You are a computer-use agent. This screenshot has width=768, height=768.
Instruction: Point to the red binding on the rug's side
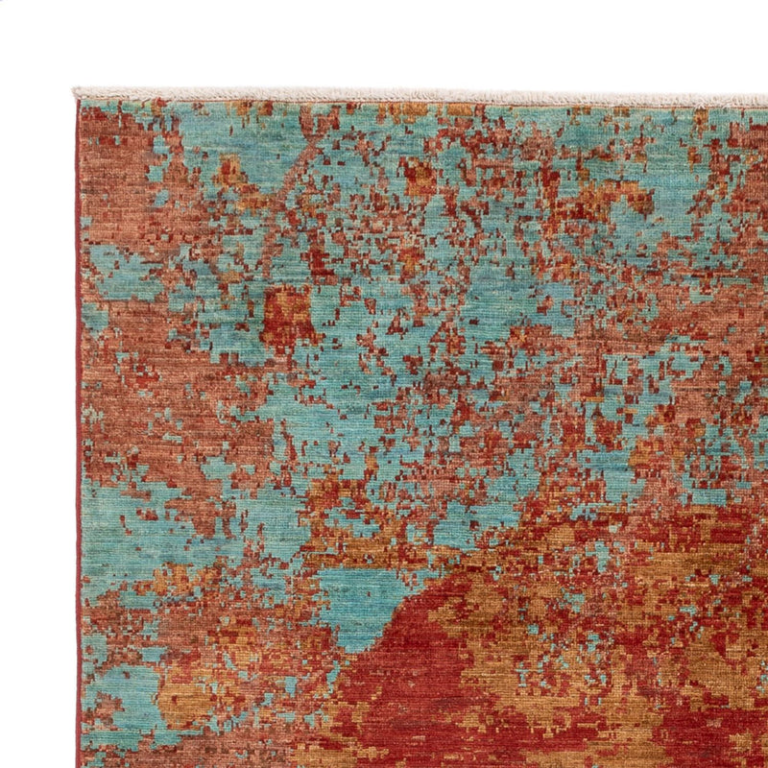[78, 432]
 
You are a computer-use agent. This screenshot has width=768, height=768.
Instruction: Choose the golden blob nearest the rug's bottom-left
[178, 701]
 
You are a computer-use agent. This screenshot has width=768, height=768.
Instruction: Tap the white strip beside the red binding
[38, 432]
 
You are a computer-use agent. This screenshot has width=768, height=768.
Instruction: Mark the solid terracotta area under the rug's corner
[115, 192]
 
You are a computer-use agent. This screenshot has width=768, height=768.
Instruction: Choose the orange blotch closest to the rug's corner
[230, 173]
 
